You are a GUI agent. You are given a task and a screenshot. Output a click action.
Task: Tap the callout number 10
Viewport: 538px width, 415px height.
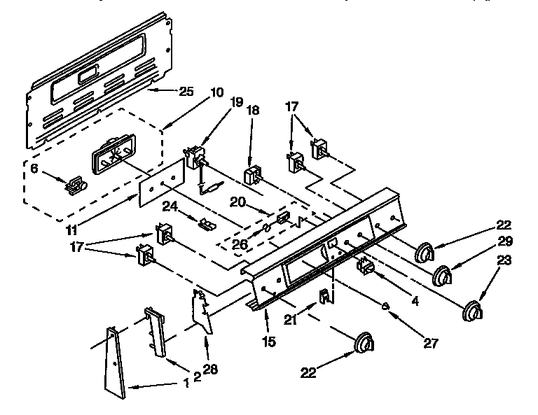(216, 92)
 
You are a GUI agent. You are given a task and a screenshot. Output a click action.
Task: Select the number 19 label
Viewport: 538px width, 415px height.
(237, 102)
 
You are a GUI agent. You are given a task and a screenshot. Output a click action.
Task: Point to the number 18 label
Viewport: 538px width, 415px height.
(253, 111)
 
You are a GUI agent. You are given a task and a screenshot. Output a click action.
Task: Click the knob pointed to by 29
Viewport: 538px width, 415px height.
(442, 276)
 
